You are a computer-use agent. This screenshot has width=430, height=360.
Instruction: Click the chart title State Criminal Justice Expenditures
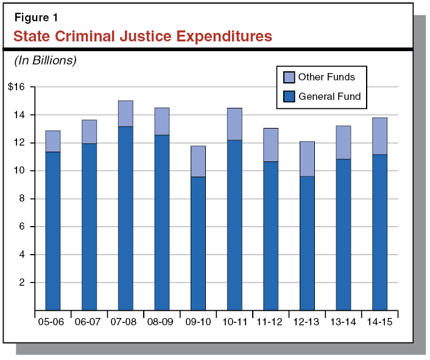point(143,37)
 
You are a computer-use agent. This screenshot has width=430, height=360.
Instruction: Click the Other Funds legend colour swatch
point(289,77)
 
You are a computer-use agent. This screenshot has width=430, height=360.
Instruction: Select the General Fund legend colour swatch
point(289,96)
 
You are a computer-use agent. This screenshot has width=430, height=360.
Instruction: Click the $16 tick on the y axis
point(16,87)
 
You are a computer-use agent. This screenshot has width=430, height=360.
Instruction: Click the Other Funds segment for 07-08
point(125,114)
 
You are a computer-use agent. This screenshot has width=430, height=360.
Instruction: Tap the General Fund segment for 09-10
point(198,244)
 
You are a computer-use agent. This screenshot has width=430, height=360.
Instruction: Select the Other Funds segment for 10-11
point(234,124)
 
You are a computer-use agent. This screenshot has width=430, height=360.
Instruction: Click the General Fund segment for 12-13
point(307,244)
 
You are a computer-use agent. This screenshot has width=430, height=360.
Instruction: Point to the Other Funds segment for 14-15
point(379,136)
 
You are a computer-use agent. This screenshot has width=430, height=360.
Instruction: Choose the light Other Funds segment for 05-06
point(53,141)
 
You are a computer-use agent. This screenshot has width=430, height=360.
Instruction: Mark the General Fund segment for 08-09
point(162,222)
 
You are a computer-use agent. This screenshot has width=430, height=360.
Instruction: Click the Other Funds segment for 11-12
point(270,145)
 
